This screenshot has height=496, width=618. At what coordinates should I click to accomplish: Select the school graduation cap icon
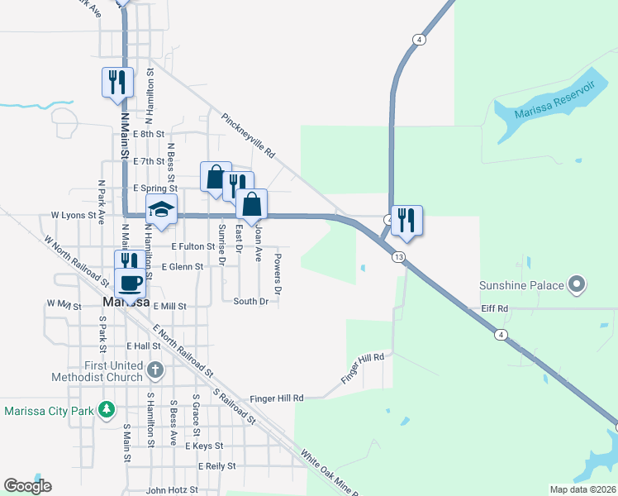click(x=162, y=210)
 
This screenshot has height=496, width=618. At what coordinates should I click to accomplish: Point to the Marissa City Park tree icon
click(x=106, y=409)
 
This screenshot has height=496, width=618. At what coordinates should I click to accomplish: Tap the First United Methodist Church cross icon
click(x=154, y=370)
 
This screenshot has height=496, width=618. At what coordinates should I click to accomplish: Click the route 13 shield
click(x=399, y=258)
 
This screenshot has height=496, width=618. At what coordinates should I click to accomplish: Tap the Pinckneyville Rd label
click(x=248, y=136)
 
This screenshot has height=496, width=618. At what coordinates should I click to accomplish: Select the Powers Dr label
click(x=278, y=274)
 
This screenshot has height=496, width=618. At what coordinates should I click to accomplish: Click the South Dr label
click(x=250, y=302)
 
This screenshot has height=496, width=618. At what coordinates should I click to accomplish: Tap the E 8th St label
click(x=148, y=133)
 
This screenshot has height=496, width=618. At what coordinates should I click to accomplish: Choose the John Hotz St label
click(x=172, y=489)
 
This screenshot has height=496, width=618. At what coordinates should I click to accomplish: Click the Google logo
click(x=27, y=486)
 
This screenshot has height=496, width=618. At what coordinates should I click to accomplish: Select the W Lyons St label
click(x=74, y=215)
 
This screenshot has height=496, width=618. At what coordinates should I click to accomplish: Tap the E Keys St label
click(x=204, y=446)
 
